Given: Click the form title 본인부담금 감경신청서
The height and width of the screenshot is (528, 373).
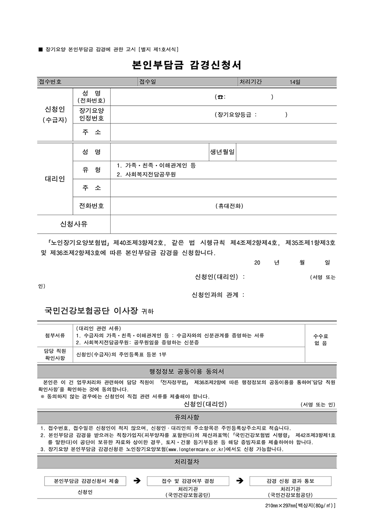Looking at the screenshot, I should click(186, 65).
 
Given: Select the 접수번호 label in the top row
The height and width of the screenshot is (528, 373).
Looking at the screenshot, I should click(50, 82).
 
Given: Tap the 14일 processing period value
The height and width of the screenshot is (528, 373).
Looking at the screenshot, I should click(295, 82).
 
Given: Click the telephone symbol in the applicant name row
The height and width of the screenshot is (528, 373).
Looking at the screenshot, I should click(220, 97).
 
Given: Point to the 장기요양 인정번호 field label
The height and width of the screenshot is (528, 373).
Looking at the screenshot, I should click(92, 114).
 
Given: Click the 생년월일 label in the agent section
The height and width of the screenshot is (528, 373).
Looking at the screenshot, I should click(223, 152).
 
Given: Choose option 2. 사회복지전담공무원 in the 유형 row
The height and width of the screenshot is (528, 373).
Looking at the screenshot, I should click(146, 174).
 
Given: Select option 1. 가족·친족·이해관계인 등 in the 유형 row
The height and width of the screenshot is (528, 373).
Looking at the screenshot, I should click(156, 165).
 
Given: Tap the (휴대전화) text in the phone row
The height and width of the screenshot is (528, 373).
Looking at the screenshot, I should click(230, 206).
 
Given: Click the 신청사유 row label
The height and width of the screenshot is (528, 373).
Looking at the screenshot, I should click(74, 224).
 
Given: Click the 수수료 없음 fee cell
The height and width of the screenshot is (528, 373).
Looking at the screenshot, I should click(320, 340).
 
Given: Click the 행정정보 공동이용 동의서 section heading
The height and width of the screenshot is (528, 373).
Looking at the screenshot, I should click(186, 371).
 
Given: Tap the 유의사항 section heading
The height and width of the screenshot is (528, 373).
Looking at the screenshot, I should click(186, 417).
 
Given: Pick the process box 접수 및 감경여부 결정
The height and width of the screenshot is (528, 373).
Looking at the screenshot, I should click(188, 481).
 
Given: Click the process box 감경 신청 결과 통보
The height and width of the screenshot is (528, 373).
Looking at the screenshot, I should click(290, 481).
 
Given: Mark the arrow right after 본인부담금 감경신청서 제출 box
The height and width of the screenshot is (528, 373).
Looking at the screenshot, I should click(136, 481).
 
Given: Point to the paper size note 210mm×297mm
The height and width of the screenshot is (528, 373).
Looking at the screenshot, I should click(300, 506).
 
